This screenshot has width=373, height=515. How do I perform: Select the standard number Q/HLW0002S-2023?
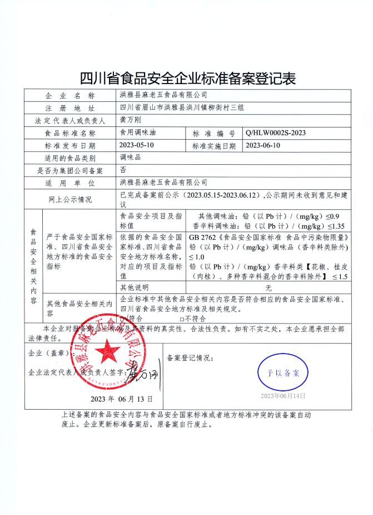(275, 134)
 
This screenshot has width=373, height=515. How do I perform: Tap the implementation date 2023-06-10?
(264, 146)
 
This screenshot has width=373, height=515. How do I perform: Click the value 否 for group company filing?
(123, 170)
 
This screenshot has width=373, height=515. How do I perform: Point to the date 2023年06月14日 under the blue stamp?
(284, 396)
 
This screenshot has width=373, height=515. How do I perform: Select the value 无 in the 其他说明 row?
(268, 288)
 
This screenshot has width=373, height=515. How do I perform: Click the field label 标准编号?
(214, 134)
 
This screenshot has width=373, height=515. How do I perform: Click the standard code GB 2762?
(202, 237)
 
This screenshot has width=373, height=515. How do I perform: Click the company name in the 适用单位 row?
(163, 183)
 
